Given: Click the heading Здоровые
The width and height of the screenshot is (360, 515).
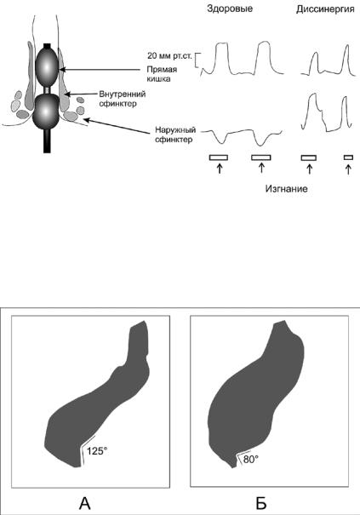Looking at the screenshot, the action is [230, 9].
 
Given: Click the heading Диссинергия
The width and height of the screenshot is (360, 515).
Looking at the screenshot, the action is [325, 9].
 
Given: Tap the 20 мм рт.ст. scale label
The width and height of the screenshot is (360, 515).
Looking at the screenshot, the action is [169, 56].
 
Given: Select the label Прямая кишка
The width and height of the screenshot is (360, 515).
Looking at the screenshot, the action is [162, 74].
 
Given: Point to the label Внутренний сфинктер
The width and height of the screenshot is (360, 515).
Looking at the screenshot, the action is [123, 99].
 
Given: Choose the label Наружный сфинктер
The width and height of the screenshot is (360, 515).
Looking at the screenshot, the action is [175, 134].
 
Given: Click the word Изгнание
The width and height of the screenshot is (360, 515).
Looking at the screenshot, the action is [287, 189].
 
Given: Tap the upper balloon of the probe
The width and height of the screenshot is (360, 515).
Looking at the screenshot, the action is [47, 67].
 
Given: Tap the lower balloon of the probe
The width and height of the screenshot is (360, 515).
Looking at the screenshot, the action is [46, 112].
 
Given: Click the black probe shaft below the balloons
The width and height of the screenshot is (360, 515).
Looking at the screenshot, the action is [48, 141].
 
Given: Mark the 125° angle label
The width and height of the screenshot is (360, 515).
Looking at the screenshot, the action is [97, 451].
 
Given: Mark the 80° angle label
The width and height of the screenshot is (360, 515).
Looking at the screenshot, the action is [251, 460].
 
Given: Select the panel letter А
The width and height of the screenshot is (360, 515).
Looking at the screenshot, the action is [85, 503].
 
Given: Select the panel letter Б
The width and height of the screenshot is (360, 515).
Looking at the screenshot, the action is [261, 503].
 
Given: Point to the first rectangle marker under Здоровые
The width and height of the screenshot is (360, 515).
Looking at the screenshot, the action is [219, 157].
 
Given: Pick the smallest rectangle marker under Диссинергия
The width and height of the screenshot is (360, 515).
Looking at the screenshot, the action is [348, 157].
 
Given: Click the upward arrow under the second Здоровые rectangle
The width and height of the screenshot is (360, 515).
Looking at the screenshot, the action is [261, 168].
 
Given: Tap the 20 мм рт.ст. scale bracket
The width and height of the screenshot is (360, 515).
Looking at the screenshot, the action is [197, 60].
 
